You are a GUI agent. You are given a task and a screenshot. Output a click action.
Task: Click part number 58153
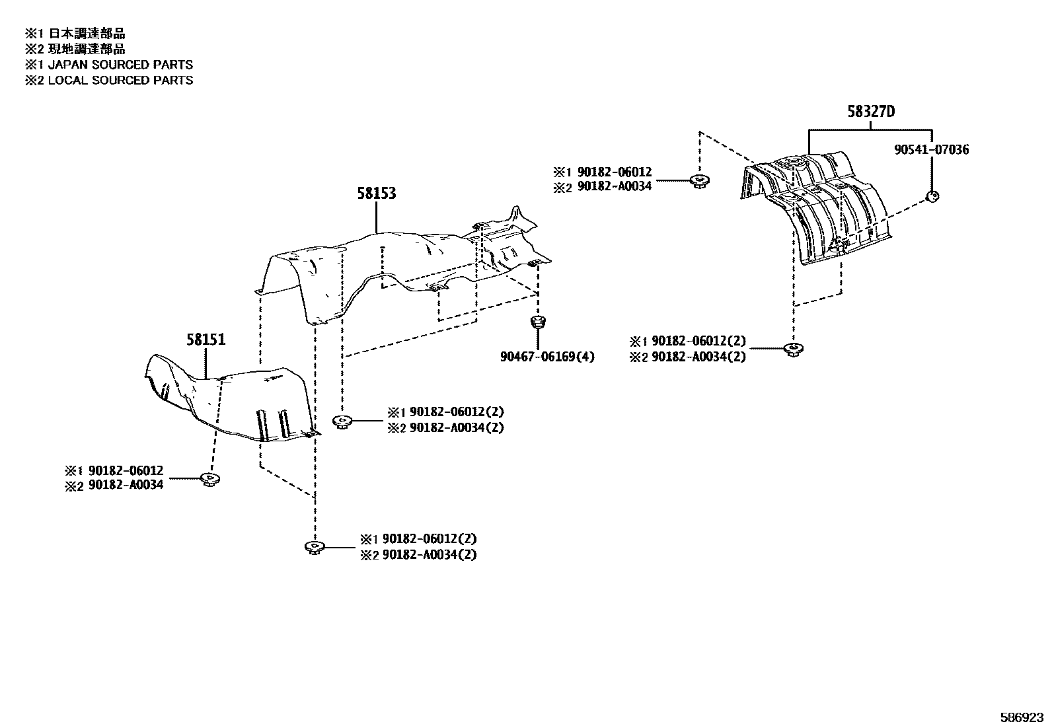pyautogui.click(x=377, y=193)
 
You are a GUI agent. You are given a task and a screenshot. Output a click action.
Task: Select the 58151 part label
pyautogui.click(x=206, y=340)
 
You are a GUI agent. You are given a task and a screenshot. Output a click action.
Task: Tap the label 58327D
pyautogui.click(x=871, y=112)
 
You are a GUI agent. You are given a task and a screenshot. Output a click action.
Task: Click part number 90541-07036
pyautogui.click(x=931, y=150)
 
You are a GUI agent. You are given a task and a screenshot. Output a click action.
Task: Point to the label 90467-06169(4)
pyautogui.click(x=547, y=357)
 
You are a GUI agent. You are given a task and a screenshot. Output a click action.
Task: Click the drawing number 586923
pyautogui.click(x=1024, y=717)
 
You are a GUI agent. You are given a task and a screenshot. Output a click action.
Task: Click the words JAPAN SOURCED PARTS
pyautogui.click(x=120, y=65)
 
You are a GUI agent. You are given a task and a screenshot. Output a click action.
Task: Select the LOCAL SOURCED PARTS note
pyautogui.click(x=120, y=80)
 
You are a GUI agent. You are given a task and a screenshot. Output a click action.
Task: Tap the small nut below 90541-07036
pyautogui.click(x=932, y=196)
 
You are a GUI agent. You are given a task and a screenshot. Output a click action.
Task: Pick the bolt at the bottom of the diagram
pyautogui.click(x=313, y=547)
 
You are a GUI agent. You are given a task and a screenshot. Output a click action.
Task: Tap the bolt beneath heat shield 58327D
pyautogui.click(x=791, y=349)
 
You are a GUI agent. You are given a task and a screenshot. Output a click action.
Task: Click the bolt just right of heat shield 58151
pyautogui.click(x=342, y=421)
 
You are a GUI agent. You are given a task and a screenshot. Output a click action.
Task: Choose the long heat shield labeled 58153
pyautogui.click(x=396, y=264)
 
